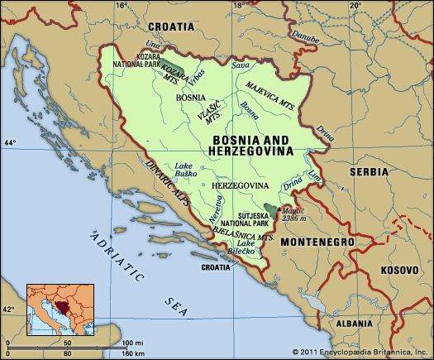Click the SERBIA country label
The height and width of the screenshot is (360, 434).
pyautogui.click(x=368, y=172)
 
